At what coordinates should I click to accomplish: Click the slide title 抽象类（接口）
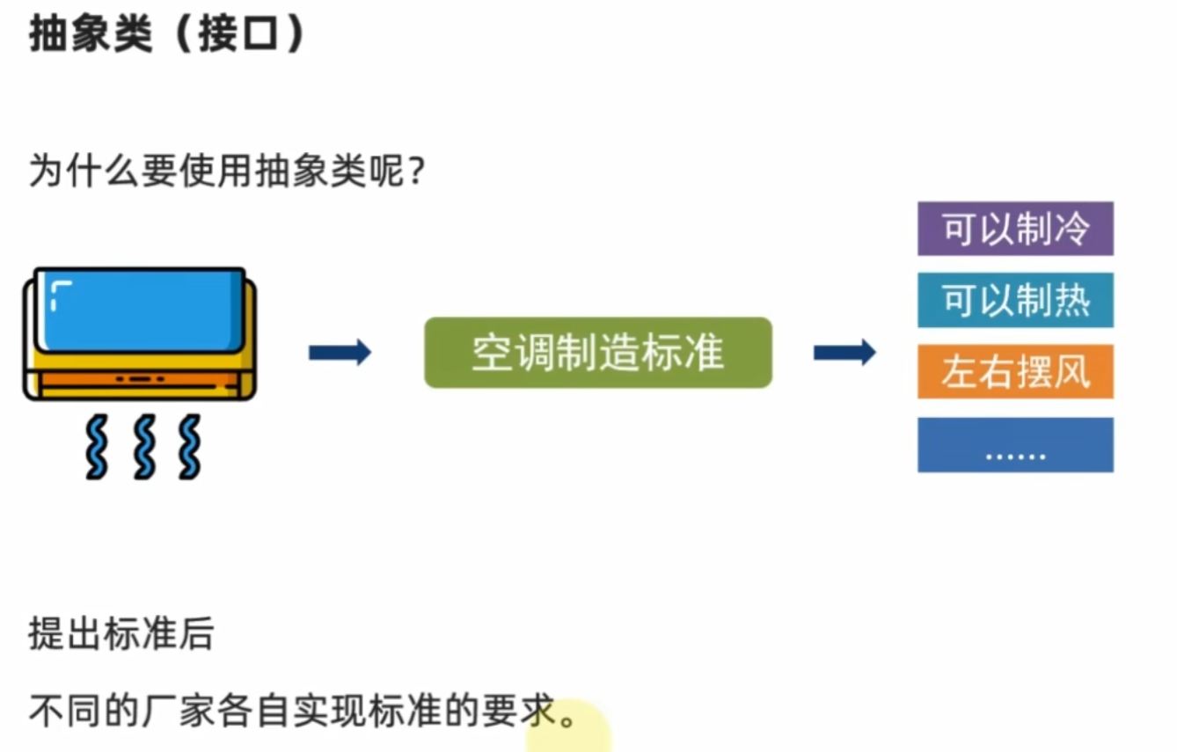click(167, 35)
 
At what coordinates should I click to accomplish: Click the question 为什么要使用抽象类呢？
click(228, 171)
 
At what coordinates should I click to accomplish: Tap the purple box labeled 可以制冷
click(1015, 229)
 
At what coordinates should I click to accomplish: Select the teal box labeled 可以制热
click(1015, 301)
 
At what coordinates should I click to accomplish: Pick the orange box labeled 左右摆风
click(1015, 372)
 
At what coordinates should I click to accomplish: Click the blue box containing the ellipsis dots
click(1015, 445)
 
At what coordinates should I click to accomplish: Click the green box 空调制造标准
click(598, 353)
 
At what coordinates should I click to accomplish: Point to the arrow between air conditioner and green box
click(340, 353)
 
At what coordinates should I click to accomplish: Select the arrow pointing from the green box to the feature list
click(844, 353)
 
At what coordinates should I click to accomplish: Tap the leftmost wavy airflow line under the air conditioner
click(96, 447)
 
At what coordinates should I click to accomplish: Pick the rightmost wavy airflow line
click(188, 447)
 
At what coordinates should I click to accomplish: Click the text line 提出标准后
click(121, 633)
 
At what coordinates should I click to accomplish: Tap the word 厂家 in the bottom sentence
click(176, 709)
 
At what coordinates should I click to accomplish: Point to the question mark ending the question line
click(418, 171)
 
